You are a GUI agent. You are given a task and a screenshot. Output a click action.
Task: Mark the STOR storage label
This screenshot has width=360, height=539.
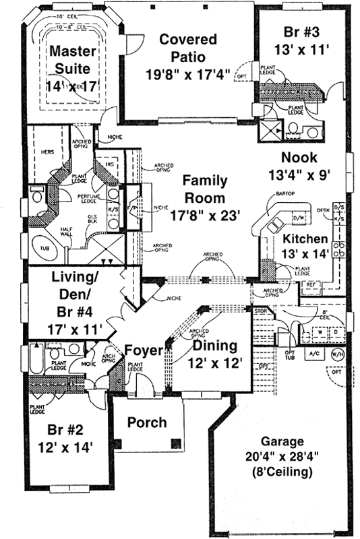(260, 311)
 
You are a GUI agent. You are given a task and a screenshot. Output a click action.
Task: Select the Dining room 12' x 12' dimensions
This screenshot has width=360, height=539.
(212, 362)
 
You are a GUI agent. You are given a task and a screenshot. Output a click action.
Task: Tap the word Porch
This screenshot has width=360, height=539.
(147, 422)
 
